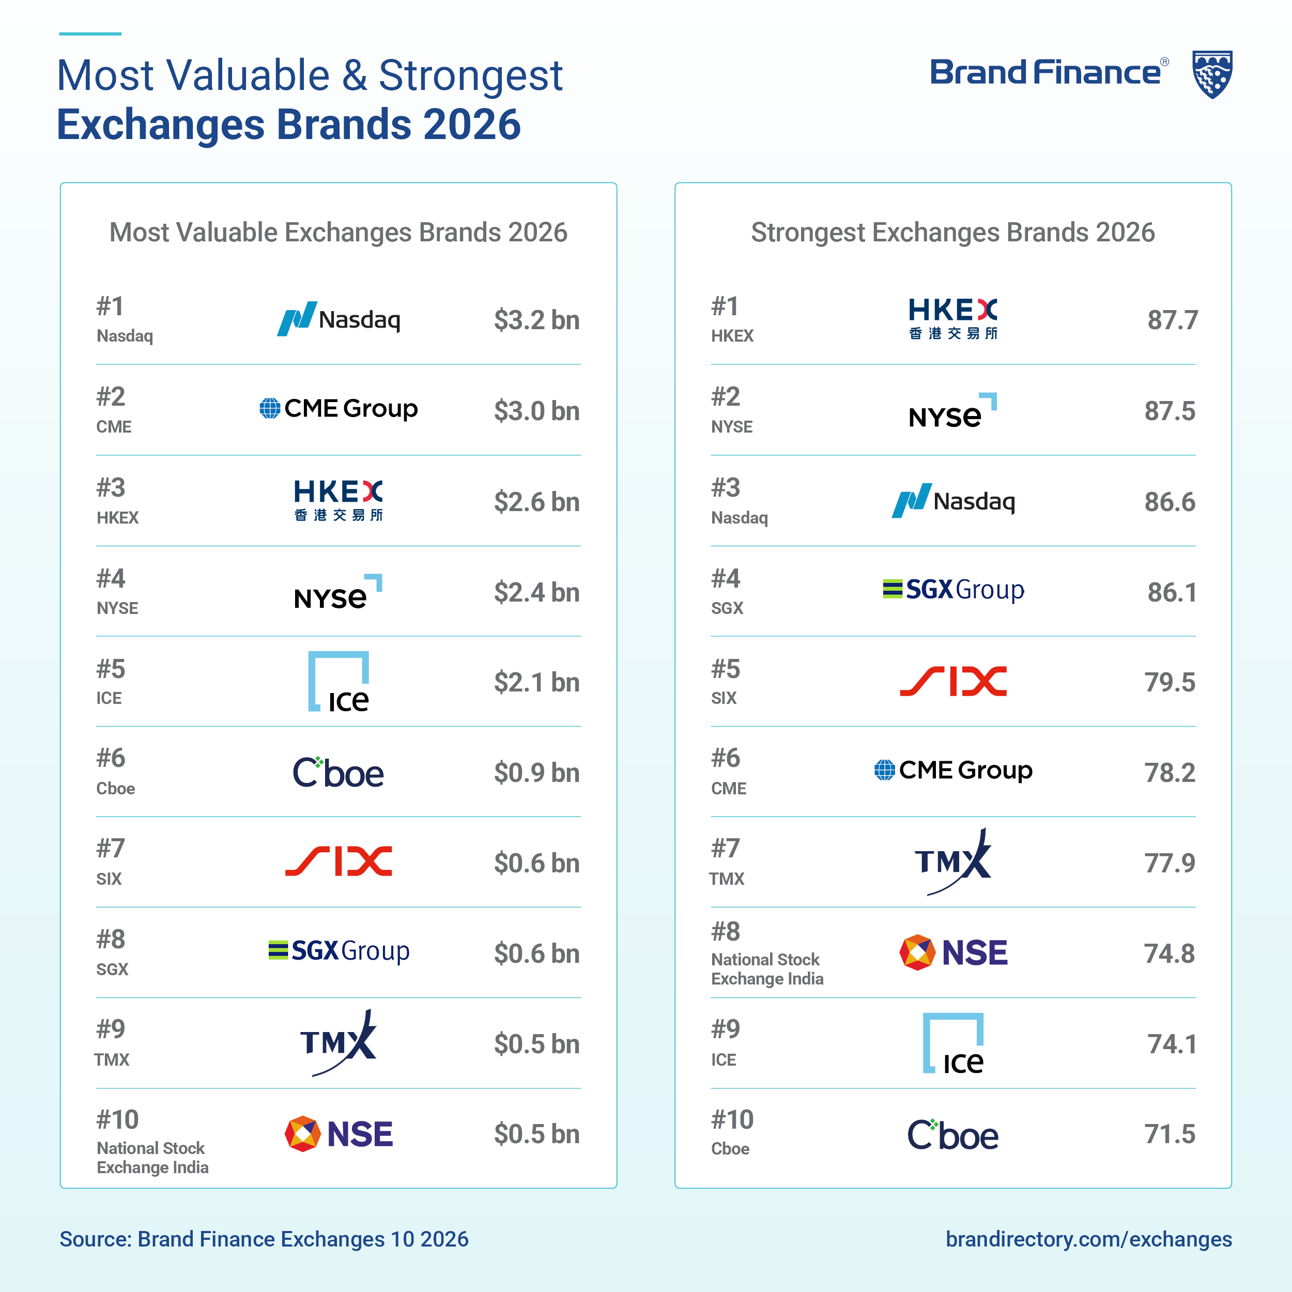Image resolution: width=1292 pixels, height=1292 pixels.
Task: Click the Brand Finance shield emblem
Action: (x=1212, y=74)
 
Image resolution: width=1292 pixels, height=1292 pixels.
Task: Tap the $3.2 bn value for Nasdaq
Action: (x=536, y=320)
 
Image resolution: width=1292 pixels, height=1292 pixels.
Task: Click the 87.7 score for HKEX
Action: (x=1172, y=320)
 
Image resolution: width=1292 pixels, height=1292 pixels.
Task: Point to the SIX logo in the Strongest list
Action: (x=953, y=682)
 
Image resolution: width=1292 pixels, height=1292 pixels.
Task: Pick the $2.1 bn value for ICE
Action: (x=536, y=683)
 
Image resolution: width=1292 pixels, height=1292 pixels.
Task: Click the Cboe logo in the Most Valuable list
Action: (x=339, y=773)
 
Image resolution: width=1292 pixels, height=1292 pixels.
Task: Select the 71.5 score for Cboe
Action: (x=1170, y=1134)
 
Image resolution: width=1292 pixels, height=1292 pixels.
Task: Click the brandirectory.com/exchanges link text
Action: (x=1089, y=1239)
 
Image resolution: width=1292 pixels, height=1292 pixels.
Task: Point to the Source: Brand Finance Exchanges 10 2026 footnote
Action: (x=264, y=1239)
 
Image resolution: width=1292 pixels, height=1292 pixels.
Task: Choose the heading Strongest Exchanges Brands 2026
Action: (x=953, y=233)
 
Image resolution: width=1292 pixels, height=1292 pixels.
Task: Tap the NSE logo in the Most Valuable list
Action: (x=339, y=1133)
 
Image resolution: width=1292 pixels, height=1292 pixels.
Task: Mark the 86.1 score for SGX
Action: (x=1172, y=592)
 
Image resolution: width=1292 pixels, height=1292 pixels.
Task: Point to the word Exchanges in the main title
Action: (x=161, y=125)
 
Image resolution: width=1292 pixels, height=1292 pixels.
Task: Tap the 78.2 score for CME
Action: (x=1170, y=773)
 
